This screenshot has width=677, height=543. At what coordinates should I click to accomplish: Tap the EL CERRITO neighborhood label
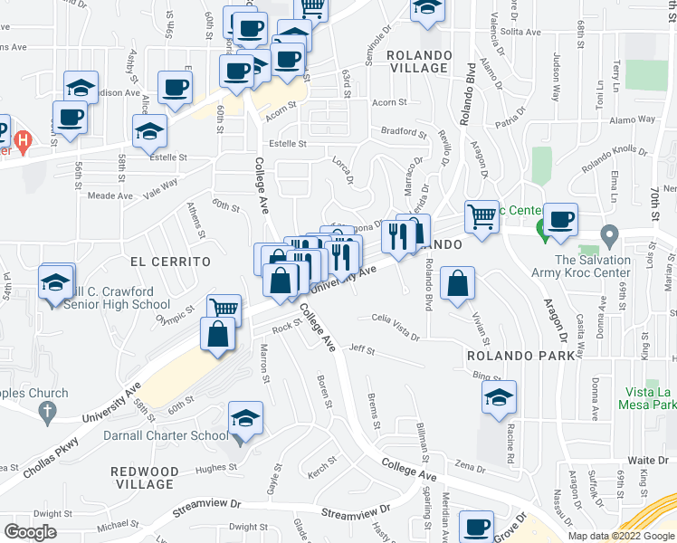coord(170,261)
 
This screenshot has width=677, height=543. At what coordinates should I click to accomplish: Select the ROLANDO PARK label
coord(520,355)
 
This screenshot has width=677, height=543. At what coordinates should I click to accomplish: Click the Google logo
coord(30,532)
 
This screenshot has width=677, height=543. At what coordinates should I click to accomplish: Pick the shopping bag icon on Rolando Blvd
coord(459,283)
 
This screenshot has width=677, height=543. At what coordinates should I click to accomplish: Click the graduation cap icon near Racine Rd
coord(499,398)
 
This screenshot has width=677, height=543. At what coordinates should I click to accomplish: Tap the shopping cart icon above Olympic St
coord(224,310)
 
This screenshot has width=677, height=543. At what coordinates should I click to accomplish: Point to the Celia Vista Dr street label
coord(396,327)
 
